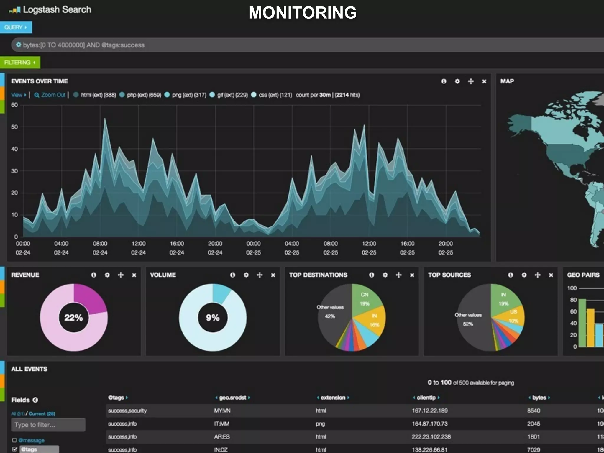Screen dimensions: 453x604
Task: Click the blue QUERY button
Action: coord(16,27)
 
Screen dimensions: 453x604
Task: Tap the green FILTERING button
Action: coord(20,63)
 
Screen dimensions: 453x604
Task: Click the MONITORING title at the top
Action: coord(302,13)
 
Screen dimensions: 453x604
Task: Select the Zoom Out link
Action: coord(50,95)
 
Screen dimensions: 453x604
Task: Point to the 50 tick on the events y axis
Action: coord(14,127)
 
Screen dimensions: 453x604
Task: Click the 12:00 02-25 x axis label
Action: coord(369,248)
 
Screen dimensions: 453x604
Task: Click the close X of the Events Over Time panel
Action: coord(484,81)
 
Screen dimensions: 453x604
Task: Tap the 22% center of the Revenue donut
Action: coord(73,318)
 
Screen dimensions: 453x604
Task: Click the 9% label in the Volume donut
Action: coord(213,318)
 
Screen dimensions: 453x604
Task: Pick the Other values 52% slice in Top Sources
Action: coord(469,320)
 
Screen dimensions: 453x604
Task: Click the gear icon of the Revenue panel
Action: coord(107,275)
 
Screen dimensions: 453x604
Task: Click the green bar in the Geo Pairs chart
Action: coord(582,323)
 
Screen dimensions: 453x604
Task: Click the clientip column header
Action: coord(426,398)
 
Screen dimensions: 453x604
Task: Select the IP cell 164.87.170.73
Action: coord(429,424)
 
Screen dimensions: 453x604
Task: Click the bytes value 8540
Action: coord(534,411)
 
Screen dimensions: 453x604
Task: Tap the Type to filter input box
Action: coord(48,425)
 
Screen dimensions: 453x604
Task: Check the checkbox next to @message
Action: coord(14,440)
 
